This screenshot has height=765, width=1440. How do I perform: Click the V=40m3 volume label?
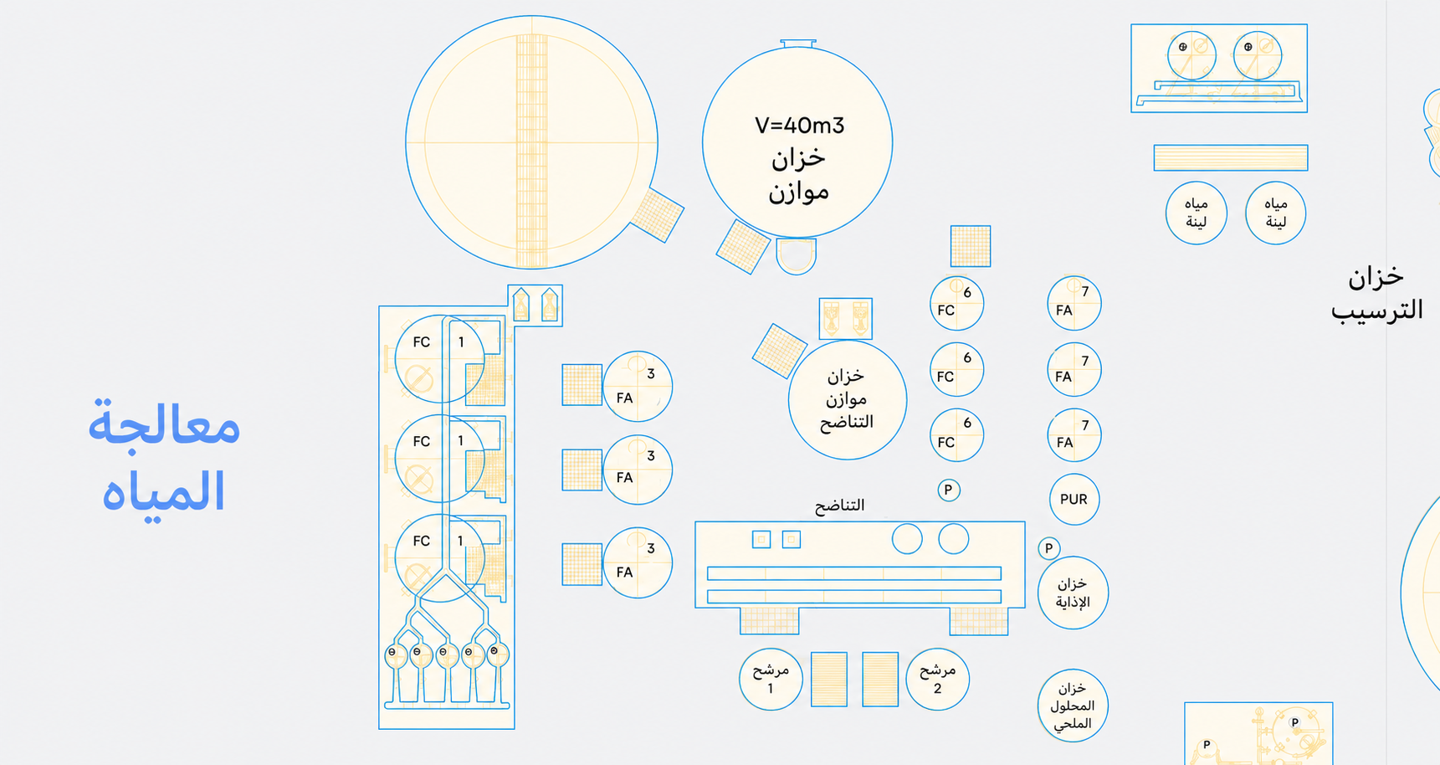(799, 126)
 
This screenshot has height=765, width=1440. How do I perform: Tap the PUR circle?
(1074, 500)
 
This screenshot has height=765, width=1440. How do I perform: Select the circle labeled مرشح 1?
(771, 679)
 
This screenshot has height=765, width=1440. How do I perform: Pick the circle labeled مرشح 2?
(937, 679)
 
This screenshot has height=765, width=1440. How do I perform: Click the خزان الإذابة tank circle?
(1073, 593)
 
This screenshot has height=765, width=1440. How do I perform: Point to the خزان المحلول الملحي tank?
(1073, 705)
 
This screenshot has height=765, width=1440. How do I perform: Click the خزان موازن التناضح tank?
(847, 399)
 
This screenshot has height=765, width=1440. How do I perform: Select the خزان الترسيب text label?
(1377, 293)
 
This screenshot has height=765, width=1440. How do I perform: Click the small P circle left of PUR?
(948, 490)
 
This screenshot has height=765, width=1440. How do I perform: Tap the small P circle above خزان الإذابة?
(1048, 548)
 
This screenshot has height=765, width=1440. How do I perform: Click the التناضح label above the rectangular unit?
(839, 506)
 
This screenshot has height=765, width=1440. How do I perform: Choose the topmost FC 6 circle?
(956, 303)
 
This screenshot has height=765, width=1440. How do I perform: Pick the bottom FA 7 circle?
(1074, 435)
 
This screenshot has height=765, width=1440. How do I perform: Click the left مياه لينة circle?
(1197, 213)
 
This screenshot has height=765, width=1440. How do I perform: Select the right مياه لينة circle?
(1275, 213)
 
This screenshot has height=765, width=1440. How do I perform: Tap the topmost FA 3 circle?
(638, 386)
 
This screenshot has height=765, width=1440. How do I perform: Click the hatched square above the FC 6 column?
(971, 246)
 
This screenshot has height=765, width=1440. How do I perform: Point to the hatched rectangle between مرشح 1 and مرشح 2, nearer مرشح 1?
(829, 680)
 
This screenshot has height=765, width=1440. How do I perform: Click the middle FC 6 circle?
(956, 369)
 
